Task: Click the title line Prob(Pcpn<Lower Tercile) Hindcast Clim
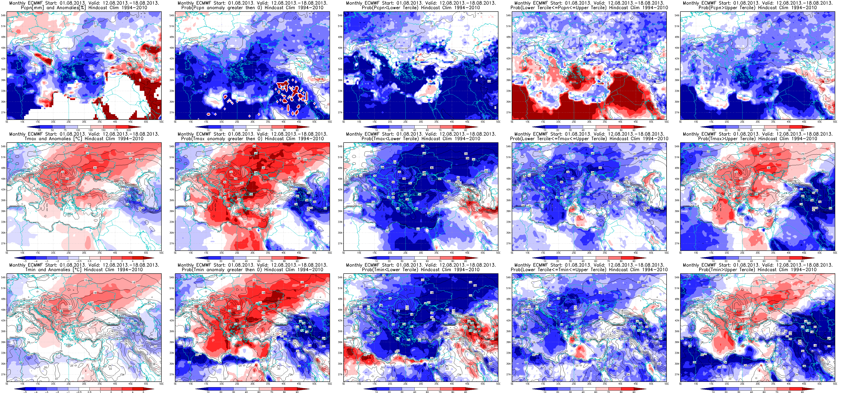pos(421,7)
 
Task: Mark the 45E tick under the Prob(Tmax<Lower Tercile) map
pos(467,253)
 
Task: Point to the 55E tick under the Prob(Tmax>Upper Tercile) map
pos(835,253)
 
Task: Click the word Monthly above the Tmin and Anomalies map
pos(18,265)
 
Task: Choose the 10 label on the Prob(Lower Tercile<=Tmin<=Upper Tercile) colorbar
pos(545,392)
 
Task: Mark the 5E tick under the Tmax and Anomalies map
pos(7,253)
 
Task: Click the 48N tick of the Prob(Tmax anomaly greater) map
pos(172,168)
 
